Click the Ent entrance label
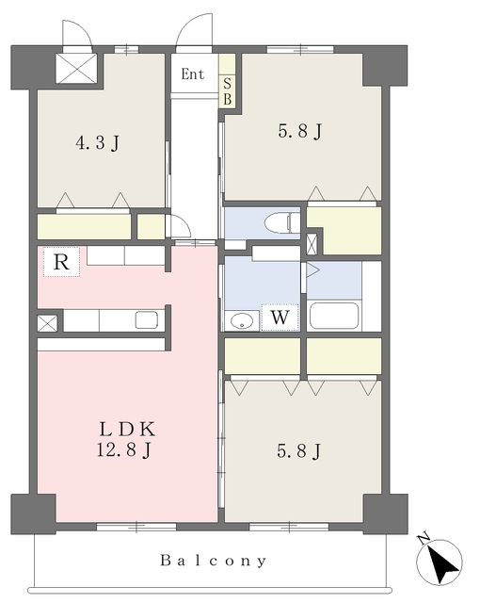click(192, 73)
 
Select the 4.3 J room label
click(98, 142)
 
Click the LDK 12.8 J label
click(127, 439)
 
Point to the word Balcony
click(213, 561)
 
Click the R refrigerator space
click(61, 262)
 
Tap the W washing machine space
click(280, 318)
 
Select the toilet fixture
click(282, 223)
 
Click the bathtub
click(334, 317)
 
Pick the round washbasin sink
click(242, 320)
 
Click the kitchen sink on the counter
click(146, 320)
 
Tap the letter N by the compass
click(424, 540)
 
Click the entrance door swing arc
click(193, 31)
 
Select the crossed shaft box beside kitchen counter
click(47, 323)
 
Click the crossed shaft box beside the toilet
click(312, 244)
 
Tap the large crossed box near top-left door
click(76, 68)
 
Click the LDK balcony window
click(136, 527)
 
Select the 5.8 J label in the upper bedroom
click(300, 132)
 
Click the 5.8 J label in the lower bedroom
click(298, 451)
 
